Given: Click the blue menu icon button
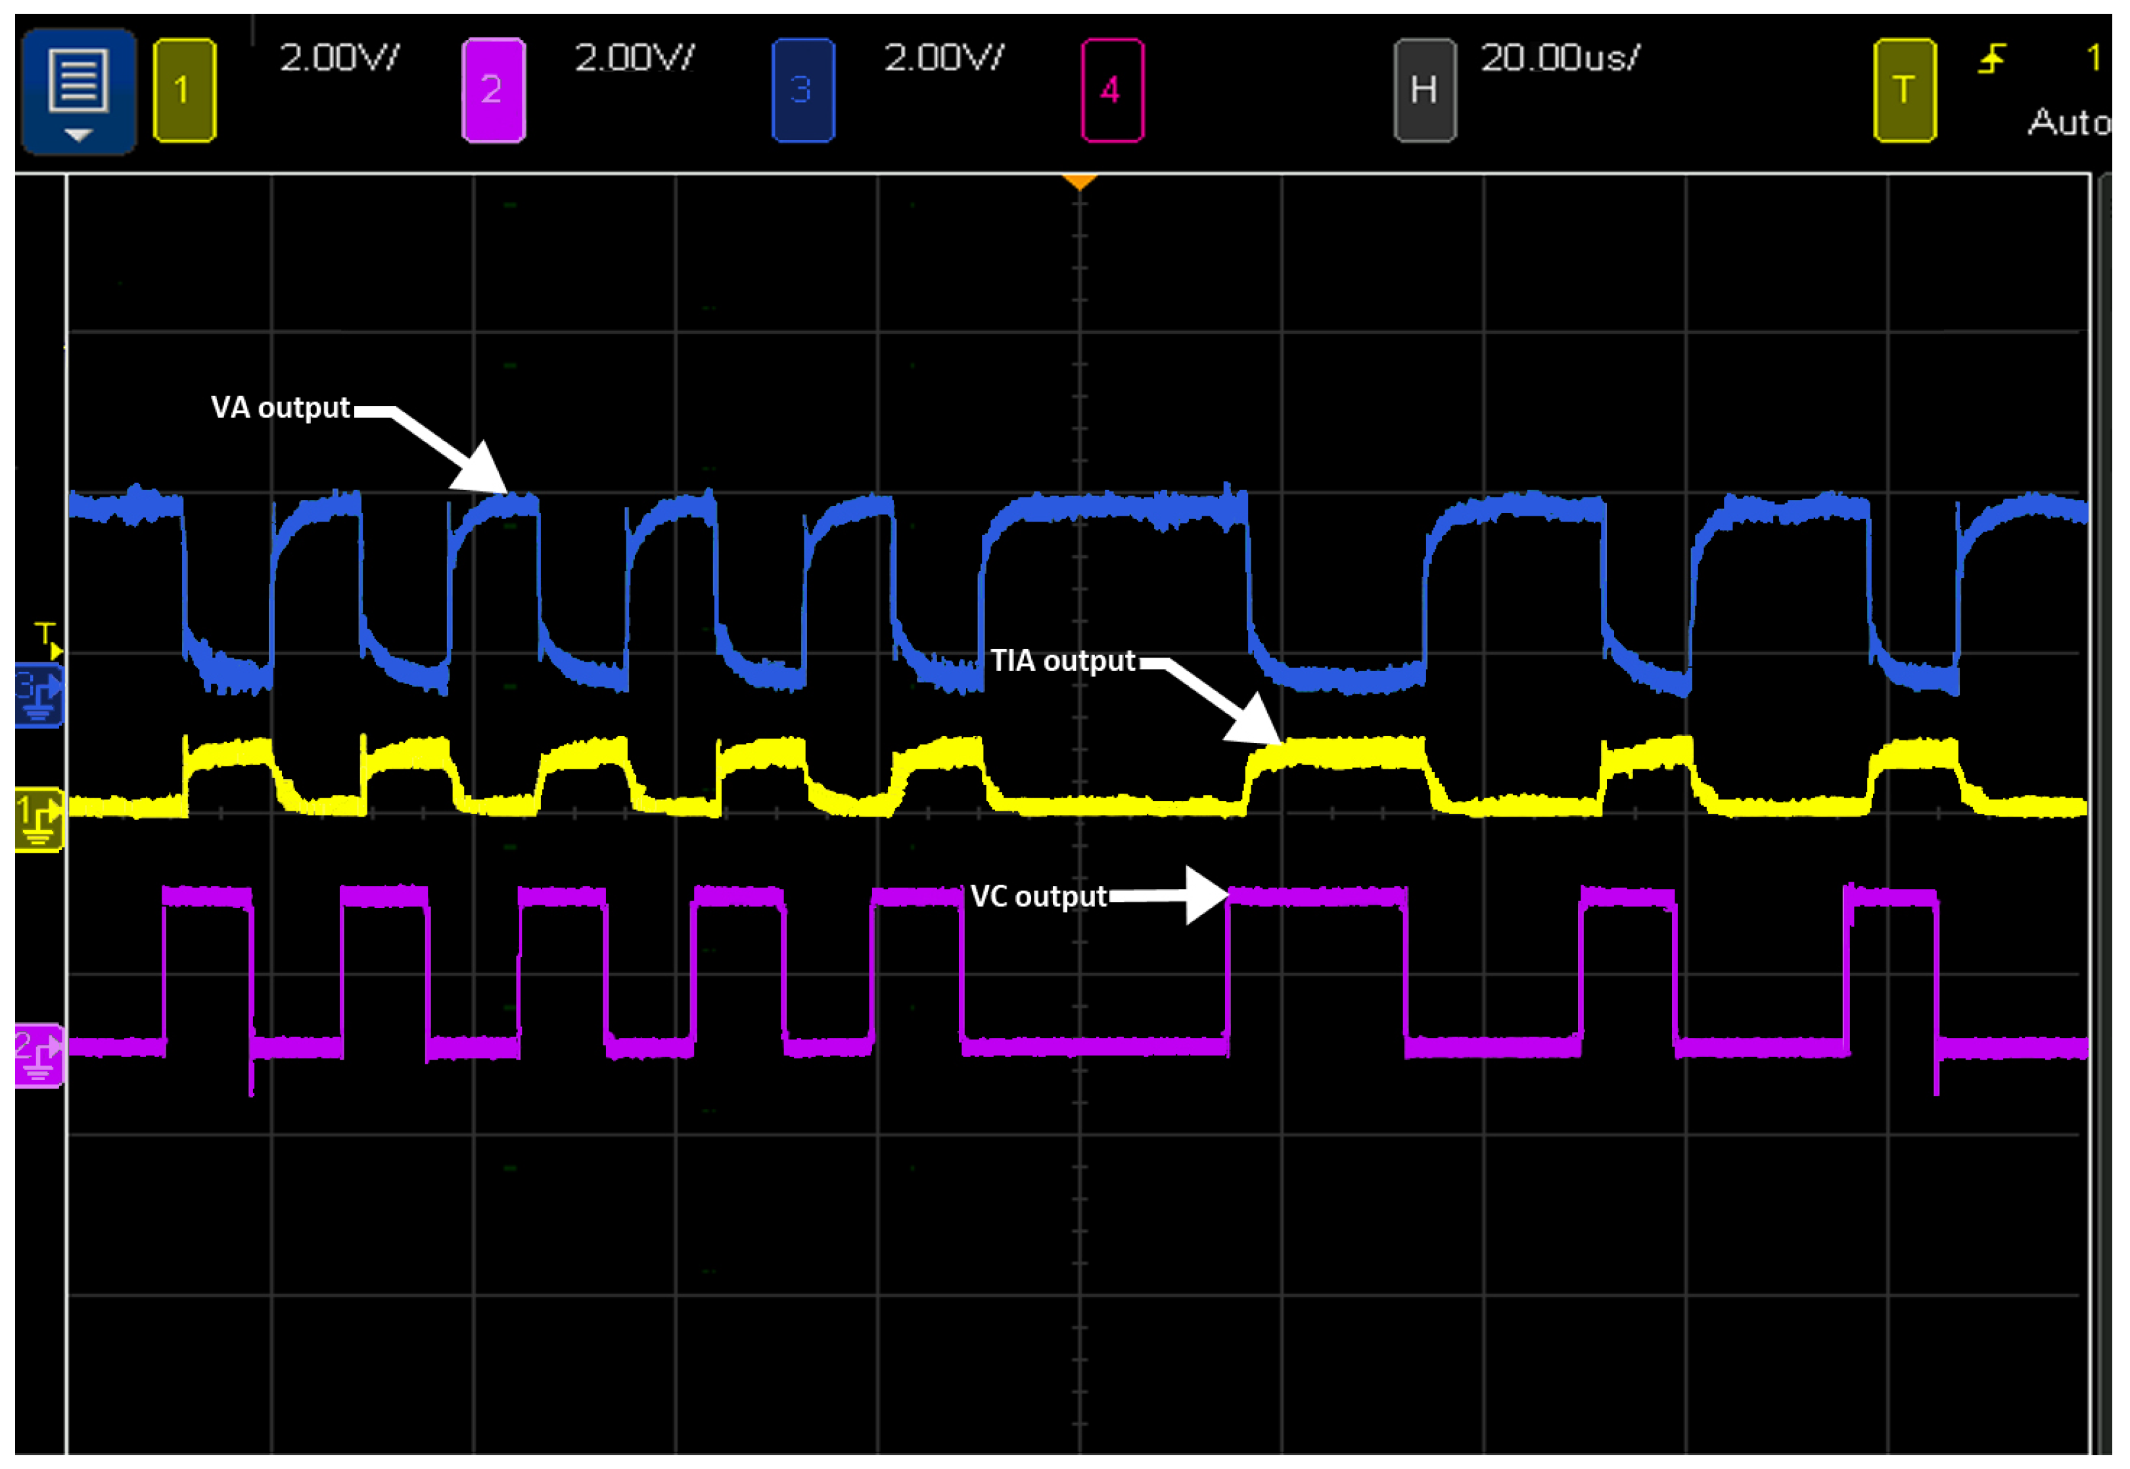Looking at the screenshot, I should pyautogui.click(x=78, y=90).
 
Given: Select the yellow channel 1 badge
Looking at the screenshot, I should pyautogui.click(x=184, y=90).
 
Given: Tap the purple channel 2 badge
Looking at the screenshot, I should pyautogui.click(x=494, y=90).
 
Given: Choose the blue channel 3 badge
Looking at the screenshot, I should pyautogui.click(x=802, y=90).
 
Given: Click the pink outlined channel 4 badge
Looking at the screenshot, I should pyautogui.click(x=1112, y=90).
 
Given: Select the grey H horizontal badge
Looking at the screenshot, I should pyautogui.click(x=1424, y=90).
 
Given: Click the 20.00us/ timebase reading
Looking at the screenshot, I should pyautogui.click(x=1560, y=58).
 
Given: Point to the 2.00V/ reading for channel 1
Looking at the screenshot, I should pyautogui.click(x=338, y=58).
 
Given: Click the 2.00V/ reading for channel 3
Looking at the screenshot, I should pyautogui.click(x=944, y=58).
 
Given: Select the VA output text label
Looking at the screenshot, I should pyautogui.click(x=280, y=408).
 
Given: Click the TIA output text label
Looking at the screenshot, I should pyautogui.click(x=1062, y=661).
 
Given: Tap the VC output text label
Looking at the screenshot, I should pyautogui.click(x=1038, y=897).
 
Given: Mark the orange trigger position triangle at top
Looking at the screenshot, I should pyautogui.click(x=1079, y=181).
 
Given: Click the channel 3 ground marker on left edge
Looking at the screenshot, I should pyautogui.click(x=39, y=696).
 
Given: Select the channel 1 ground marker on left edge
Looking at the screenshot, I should pyautogui.click(x=39, y=819).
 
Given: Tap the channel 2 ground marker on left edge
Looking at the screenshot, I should pyautogui.click(x=39, y=1055).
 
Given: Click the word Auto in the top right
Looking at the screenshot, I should pyautogui.click(x=2068, y=122).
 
